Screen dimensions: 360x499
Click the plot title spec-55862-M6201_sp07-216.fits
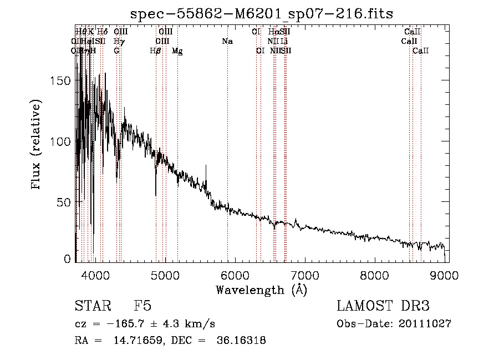pos(261,14)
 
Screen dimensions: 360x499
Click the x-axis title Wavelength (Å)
pos(261,290)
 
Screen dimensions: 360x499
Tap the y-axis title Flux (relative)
pos(37,145)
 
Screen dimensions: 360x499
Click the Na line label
pos(227,42)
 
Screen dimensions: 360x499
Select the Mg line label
pos(177,51)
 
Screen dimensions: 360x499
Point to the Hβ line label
pos(156,51)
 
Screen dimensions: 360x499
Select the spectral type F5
pos(142,307)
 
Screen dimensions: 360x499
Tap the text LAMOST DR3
pos(383,307)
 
